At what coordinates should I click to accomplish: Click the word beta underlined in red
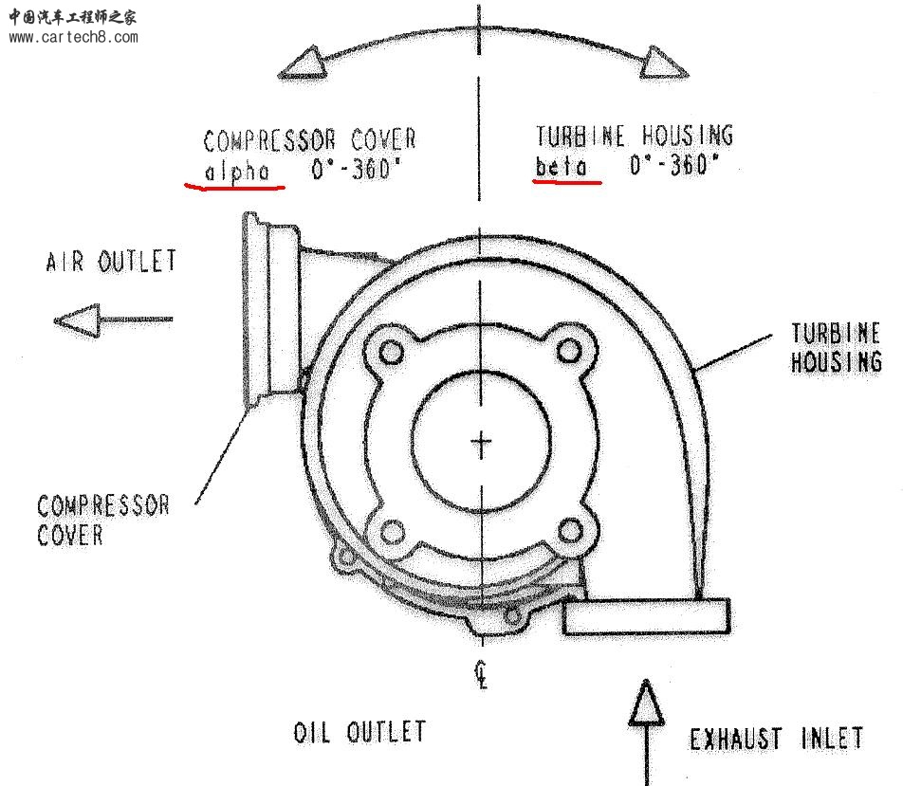click(x=567, y=168)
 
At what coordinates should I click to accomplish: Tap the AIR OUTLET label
click(x=111, y=261)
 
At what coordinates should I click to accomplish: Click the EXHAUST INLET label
click(x=776, y=738)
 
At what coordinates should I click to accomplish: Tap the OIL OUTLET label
click(x=359, y=732)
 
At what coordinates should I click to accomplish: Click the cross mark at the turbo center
click(x=482, y=442)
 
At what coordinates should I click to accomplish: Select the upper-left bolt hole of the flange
click(x=390, y=352)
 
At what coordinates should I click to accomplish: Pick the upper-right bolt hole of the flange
click(x=569, y=351)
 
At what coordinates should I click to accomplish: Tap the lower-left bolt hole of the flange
click(x=391, y=531)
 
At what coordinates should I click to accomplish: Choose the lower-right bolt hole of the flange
click(x=569, y=530)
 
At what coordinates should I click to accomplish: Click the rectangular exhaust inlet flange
click(x=646, y=616)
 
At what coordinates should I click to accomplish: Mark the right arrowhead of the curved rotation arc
click(x=656, y=63)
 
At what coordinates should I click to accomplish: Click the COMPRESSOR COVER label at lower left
click(x=102, y=520)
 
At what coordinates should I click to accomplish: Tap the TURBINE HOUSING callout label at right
click(x=836, y=347)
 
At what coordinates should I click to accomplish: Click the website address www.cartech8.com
click(x=73, y=38)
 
